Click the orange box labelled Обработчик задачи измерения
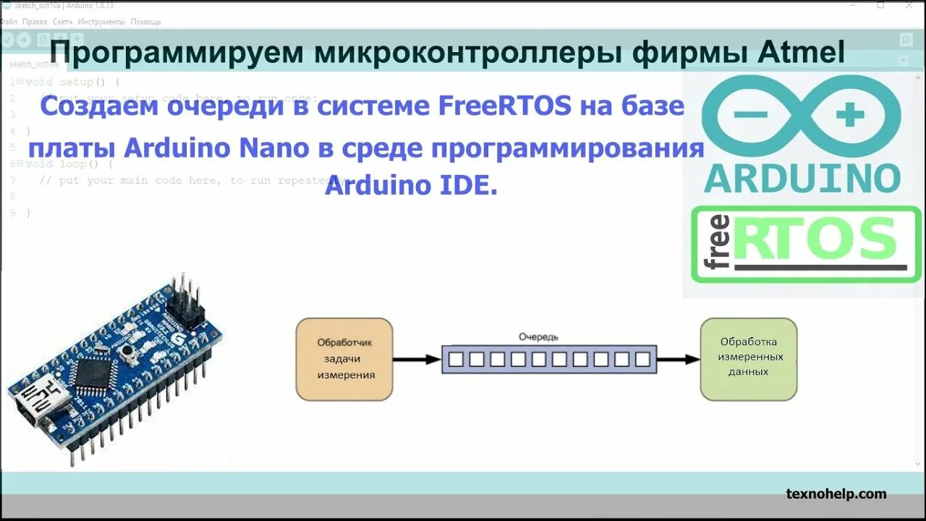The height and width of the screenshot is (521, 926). click(x=344, y=359)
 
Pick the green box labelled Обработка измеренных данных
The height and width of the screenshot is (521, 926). click(x=748, y=358)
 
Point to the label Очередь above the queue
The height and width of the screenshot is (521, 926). click(x=538, y=336)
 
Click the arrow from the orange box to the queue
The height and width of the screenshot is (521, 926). click(x=417, y=358)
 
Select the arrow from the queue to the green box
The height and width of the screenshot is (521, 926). click(x=679, y=358)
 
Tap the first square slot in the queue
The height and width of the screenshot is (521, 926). click(x=456, y=358)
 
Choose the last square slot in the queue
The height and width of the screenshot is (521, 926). click(x=642, y=358)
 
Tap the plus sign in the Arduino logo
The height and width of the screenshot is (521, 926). click(x=850, y=114)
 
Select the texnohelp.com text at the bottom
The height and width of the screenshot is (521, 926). click(x=836, y=494)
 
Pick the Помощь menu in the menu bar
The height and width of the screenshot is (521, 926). click(x=146, y=22)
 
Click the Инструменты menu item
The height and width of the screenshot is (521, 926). click(x=102, y=22)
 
